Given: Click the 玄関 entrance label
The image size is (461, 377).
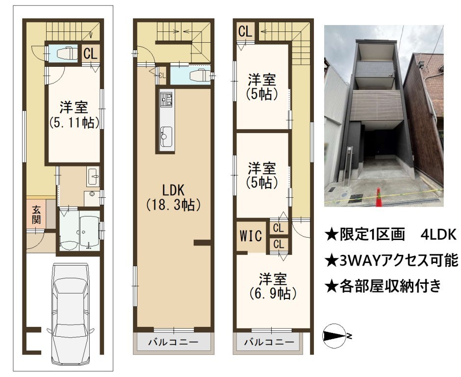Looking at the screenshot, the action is [x=36, y=215].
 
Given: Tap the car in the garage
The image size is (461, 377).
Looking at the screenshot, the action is [x=71, y=313].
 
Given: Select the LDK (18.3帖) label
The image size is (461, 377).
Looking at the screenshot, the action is [x=174, y=197].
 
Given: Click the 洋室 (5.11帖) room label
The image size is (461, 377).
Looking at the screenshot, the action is [x=74, y=115].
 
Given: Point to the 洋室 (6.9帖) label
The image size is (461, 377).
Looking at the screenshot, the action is [x=273, y=286].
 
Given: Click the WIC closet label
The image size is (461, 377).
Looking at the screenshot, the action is [x=251, y=236].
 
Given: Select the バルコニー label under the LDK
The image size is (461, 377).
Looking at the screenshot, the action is [x=173, y=342].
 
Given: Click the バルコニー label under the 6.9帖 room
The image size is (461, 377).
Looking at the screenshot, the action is [x=270, y=342].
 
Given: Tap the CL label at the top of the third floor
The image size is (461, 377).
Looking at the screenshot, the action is [x=245, y=31].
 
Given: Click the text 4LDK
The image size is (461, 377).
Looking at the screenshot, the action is [x=438, y=235].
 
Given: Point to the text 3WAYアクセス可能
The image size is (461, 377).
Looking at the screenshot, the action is [x=392, y=261].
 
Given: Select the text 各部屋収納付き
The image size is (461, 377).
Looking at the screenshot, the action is [x=383, y=286].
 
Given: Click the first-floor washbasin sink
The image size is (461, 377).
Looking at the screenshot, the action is [x=93, y=176].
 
